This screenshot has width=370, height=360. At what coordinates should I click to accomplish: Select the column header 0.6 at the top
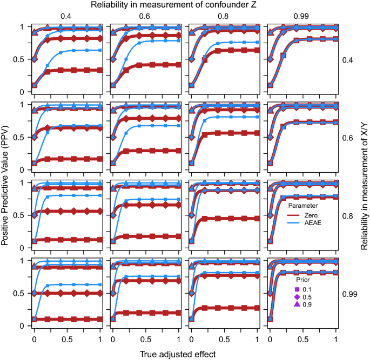coord(145,16)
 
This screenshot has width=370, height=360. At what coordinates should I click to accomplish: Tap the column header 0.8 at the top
coord(224,16)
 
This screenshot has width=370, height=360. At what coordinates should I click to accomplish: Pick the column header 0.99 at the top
coord(301,16)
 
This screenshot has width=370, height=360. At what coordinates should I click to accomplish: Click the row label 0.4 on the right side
coord(348,59)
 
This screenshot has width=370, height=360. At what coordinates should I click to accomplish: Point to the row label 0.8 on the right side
coord(348,215)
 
